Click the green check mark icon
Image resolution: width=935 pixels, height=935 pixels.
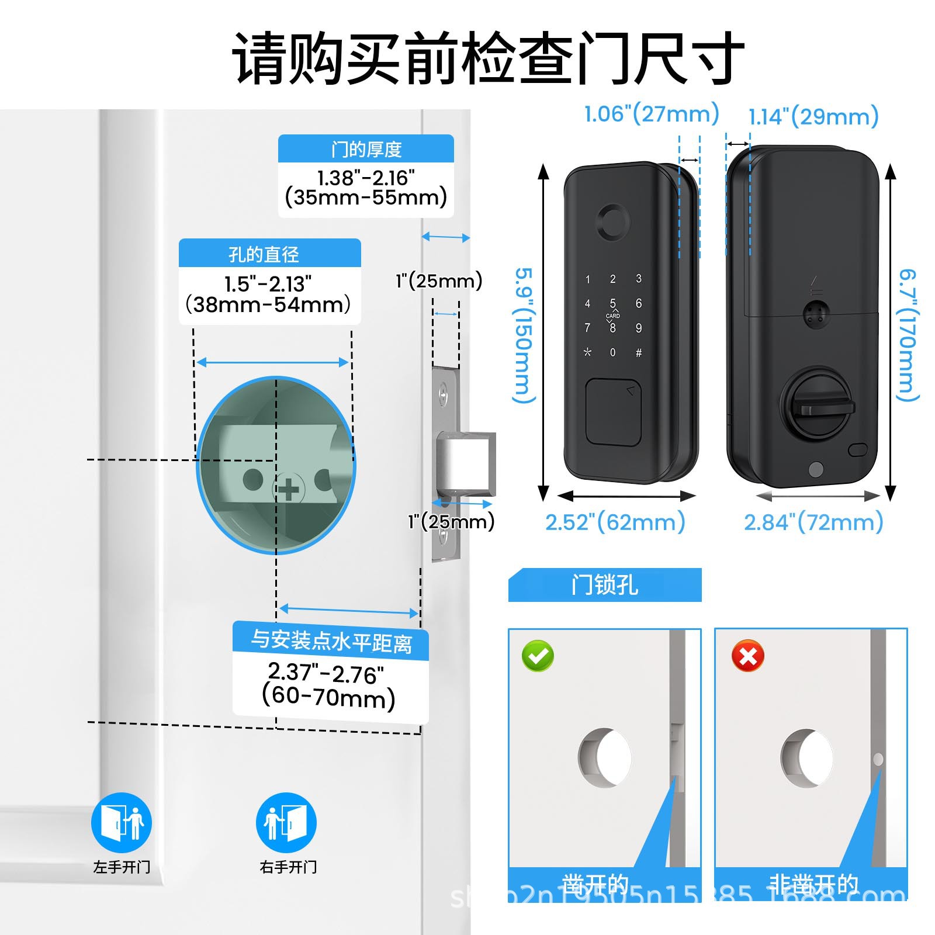[538, 656]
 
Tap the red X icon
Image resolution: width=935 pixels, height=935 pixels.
[747, 656]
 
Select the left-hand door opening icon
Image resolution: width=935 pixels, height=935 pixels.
[122, 822]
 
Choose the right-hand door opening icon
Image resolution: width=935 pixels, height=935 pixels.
[286, 822]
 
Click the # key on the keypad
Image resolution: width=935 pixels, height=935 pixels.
[639, 352]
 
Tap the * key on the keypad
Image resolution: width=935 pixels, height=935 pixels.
[587, 352]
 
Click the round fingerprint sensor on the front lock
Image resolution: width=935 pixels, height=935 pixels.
[612, 222]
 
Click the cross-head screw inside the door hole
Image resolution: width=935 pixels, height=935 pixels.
[288, 490]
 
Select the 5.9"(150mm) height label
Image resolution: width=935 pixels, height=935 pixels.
[524, 335]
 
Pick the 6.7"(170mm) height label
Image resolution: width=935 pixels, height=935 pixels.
[908, 335]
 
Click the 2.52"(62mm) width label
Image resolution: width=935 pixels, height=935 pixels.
[615, 522]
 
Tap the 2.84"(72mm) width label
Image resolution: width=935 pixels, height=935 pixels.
[813, 522]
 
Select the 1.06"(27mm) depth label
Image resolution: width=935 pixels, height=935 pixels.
[652, 113]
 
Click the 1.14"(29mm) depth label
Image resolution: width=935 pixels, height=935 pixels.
[813, 116]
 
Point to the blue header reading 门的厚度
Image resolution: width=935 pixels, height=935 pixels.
[366, 149]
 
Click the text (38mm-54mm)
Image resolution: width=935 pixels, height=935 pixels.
[268, 304]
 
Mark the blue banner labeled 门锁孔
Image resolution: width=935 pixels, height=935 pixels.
[605, 585]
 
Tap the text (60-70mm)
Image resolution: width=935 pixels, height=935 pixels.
[329, 697]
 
